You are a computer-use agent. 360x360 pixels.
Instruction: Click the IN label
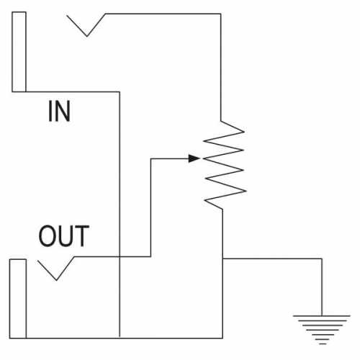click(59, 111)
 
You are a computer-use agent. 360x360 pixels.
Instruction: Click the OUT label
click(64, 236)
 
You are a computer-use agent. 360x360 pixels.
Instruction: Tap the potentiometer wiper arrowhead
click(194, 158)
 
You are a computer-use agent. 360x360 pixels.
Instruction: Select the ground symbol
click(322, 330)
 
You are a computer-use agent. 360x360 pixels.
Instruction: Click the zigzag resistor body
click(224, 165)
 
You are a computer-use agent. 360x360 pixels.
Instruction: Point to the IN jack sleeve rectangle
click(19, 52)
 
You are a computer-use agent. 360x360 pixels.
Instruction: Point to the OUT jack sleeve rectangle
click(18, 299)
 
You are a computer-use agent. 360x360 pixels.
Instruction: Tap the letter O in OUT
click(47, 236)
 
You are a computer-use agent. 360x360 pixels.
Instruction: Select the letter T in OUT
click(82, 236)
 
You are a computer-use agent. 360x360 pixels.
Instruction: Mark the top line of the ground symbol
click(322, 316)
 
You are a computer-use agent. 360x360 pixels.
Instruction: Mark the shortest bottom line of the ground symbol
click(323, 344)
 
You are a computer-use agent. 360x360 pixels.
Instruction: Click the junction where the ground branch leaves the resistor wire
click(222, 258)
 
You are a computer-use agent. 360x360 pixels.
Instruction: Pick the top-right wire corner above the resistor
click(220, 14)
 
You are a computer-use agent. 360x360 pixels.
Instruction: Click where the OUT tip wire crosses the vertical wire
click(120, 257)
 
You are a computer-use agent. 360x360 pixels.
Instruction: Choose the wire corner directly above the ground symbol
click(322, 258)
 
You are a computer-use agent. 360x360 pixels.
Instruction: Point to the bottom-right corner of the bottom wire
click(222, 338)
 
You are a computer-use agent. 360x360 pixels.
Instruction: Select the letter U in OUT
click(65, 236)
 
